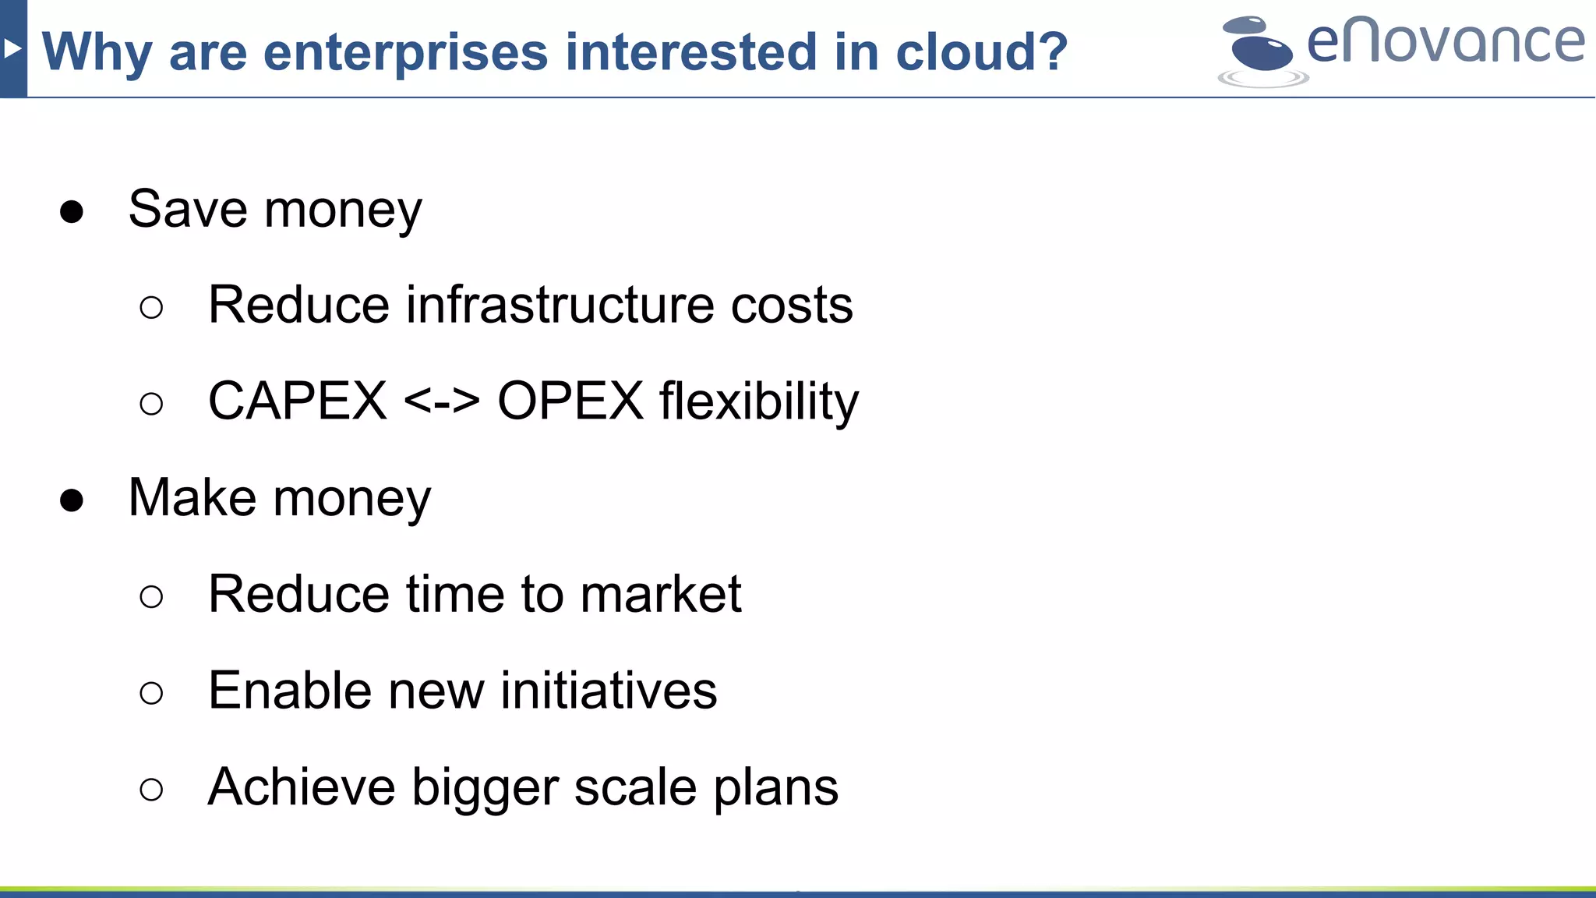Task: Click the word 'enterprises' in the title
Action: [x=405, y=53]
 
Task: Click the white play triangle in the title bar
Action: [x=12, y=49]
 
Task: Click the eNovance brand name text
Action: [x=1446, y=43]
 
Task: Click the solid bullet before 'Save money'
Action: [x=72, y=212]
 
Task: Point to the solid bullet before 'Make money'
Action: [x=72, y=500]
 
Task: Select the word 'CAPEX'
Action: [x=297, y=401]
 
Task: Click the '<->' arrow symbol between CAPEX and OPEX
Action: [x=442, y=402]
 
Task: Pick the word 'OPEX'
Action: [x=570, y=401]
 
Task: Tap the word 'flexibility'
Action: [x=759, y=402]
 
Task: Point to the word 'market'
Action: [x=661, y=594]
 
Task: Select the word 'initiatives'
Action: [x=609, y=691]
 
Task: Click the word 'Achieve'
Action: [x=302, y=787]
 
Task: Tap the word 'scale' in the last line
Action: [x=635, y=787]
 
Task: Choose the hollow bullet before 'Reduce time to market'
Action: [x=151, y=597]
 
